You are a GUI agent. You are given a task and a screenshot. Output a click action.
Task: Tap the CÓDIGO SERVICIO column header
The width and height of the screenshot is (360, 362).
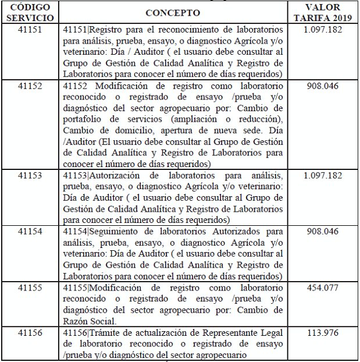[30, 12]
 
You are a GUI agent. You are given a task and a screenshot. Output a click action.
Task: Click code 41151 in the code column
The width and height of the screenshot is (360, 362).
[30, 29]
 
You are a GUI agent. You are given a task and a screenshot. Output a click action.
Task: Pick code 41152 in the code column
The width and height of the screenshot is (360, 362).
[30, 86]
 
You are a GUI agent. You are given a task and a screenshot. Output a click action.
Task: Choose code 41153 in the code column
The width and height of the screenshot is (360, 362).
[30, 175]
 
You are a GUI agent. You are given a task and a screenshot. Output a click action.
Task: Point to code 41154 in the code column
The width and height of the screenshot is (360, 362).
[30, 232]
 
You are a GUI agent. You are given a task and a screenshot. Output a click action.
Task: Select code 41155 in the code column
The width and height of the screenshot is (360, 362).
[30, 288]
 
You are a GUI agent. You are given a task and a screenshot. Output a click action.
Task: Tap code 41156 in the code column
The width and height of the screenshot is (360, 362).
[30, 333]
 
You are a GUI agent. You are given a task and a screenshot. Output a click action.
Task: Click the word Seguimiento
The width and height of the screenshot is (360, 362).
[120, 232]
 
